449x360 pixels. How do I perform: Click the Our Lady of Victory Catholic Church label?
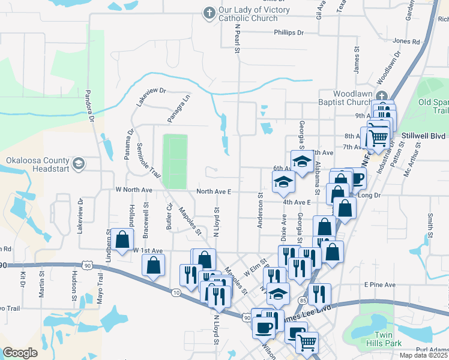pos(248,14)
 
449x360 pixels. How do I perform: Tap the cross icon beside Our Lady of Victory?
pos(209,12)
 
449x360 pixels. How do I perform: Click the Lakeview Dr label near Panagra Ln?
pos(150,96)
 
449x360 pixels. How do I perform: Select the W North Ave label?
pos(134,190)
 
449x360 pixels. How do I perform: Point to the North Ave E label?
pos(213,192)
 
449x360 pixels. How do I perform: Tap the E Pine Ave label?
pos(379,284)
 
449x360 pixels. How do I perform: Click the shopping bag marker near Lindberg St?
pos(122,240)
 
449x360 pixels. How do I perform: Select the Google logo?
pos(20,352)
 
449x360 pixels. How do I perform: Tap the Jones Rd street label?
pos(406,41)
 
